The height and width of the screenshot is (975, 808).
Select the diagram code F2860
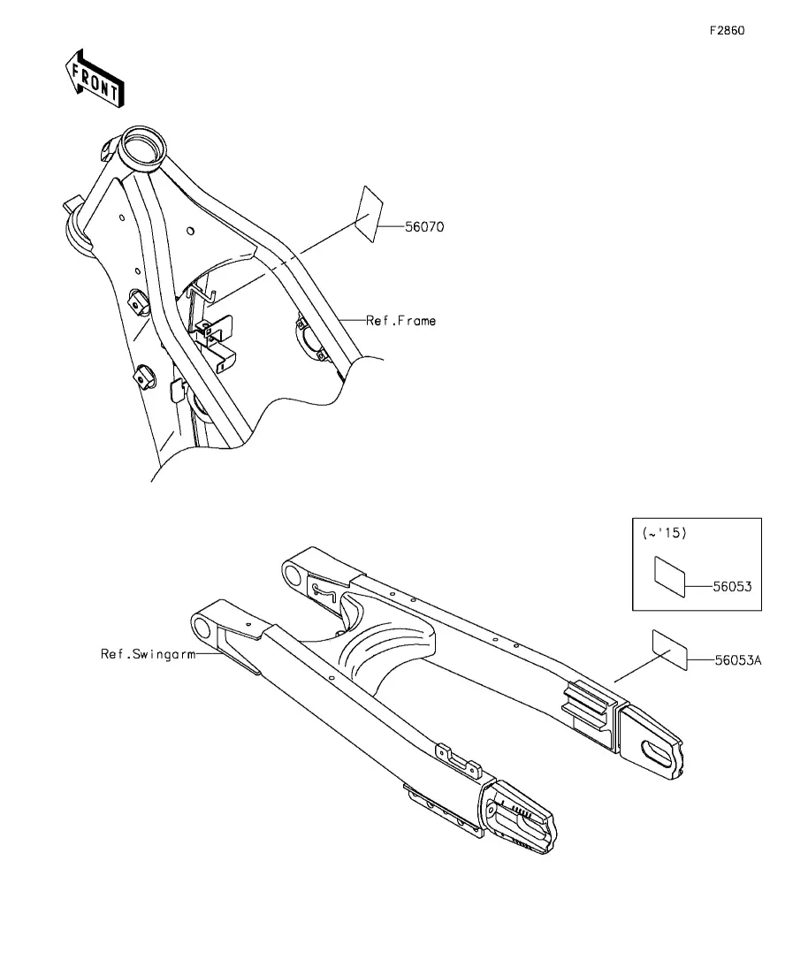[726, 30]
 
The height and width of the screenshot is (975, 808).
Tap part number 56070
[423, 227]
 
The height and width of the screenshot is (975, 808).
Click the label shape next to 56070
[367, 215]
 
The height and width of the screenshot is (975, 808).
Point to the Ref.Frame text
[400, 321]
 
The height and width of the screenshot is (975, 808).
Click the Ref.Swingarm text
[147, 654]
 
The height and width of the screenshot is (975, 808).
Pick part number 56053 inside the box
[732, 584]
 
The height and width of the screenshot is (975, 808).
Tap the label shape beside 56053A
[669, 651]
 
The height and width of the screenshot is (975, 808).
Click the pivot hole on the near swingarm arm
[204, 629]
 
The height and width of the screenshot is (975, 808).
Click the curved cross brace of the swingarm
[389, 654]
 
